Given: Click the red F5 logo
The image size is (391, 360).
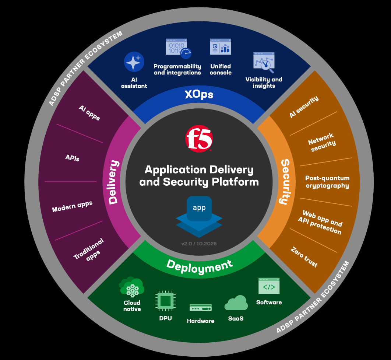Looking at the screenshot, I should [x=199, y=139].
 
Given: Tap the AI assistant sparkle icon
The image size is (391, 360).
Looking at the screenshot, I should [x=134, y=62].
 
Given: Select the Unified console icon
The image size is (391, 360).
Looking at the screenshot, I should [x=221, y=48].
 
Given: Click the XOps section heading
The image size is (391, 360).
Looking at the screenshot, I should [x=199, y=95].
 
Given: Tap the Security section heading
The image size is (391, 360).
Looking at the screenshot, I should [x=284, y=181].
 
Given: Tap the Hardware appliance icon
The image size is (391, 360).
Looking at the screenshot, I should [x=201, y=307].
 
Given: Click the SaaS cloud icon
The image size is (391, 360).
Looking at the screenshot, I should [x=236, y=303].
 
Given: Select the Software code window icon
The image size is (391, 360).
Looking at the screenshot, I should [x=269, y=286].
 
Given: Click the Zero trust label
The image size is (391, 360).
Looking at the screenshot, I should [x=304, y=257].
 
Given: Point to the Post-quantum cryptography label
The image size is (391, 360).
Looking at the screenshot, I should [x=327, y=182].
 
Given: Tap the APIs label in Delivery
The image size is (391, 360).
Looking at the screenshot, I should [x=73, y=158].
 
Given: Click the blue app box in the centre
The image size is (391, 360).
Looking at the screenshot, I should [x=199, y=208].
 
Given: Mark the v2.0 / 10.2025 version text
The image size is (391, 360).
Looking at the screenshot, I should [x=199, y=244].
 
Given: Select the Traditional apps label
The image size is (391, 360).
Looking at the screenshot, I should [x=89, y=249].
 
